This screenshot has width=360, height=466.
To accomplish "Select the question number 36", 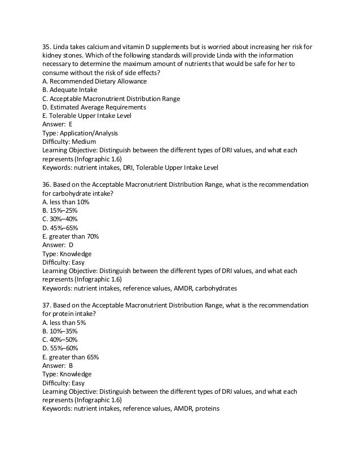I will coord(47,185).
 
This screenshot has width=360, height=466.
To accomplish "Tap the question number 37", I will coord(47,305).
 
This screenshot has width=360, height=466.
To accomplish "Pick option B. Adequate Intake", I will coord(69,90).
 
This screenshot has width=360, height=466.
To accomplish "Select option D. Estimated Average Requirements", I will coord(94,107).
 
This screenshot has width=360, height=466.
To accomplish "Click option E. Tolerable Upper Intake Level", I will coord(87,116).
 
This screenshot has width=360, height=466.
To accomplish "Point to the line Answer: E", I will coord(57,124).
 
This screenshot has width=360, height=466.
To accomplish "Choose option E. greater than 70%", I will coord(71,236).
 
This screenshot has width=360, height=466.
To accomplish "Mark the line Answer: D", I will coord(58,245).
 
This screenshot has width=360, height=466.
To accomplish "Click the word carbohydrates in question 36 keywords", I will coord(215,288).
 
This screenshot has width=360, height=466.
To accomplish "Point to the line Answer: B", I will coord(58,365).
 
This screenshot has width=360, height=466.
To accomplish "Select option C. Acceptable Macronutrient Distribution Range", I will coord(111,99).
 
